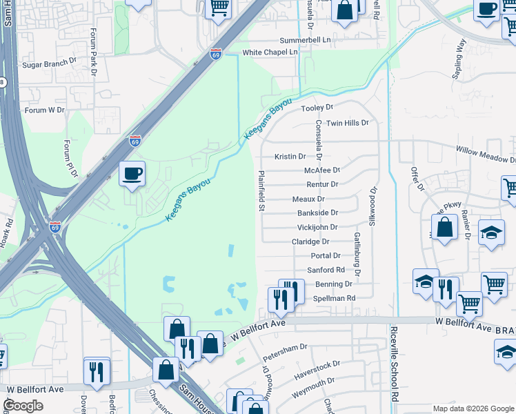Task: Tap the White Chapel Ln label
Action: coord(270,52)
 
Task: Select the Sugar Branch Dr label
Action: coord(49,62)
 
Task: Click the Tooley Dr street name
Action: coord(317,108)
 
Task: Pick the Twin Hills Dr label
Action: coord(348,123)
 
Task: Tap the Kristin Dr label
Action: coord(290,157)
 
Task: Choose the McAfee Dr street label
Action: coord(322,170)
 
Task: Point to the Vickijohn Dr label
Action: coord(317,227)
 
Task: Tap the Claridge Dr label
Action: coord(310,242)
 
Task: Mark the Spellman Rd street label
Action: coord(334,298)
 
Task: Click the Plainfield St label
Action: coord(262,191)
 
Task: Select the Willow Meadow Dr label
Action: coord(486,153)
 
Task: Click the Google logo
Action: coord(23,406)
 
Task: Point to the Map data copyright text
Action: coord(473,408)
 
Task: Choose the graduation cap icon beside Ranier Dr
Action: coord(491,233)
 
